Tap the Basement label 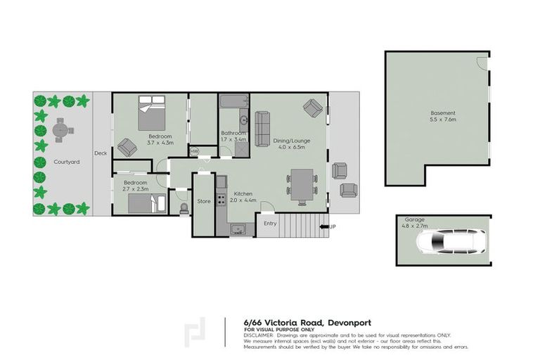(443, 112)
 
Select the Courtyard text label (66, 162)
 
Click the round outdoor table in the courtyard (61, 129)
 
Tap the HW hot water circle (195, 151)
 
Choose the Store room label (203, 201)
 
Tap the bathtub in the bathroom (231, 103)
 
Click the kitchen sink (236, 229)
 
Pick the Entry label (270, 224)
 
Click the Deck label (101, 153)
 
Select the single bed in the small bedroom (146, 203)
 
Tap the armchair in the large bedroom (127, 147)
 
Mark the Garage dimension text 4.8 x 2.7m (414, 226)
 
